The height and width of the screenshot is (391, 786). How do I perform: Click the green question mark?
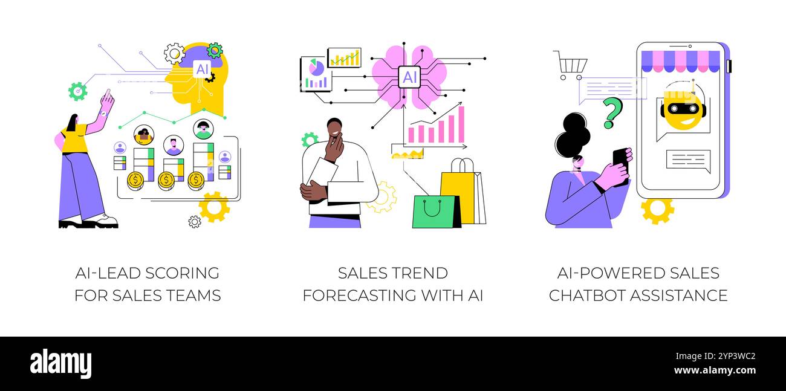click(x=613, y=112)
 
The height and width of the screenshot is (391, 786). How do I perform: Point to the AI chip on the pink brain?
click(x=409, y=77)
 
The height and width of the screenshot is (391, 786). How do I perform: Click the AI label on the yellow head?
click(x=201, y=69)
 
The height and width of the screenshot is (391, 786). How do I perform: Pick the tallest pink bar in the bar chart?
click(x=461, y=124)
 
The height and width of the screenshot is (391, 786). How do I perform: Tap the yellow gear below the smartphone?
click(x=657, y=210)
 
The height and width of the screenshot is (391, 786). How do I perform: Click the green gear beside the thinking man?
click(x=310, y=140)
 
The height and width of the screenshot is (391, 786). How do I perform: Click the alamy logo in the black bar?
click(x=60, y=363)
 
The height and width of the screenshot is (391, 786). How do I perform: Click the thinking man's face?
click(x=334, y=129)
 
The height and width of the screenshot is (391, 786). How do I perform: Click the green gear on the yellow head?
click(x=215, y=50)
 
